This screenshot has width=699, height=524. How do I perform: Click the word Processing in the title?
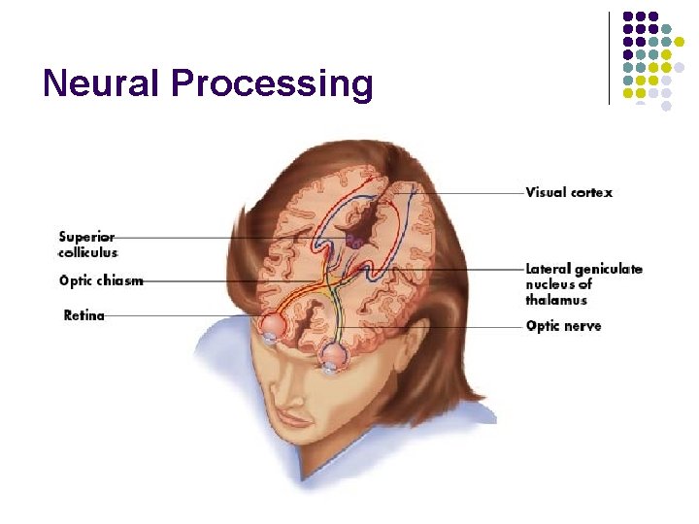point(271,85)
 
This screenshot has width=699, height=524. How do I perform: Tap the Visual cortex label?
point(569,192)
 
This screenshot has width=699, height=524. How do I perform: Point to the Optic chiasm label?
point(101,281)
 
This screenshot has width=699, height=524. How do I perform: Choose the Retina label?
point(84,315)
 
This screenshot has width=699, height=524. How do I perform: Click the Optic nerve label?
point(563,326)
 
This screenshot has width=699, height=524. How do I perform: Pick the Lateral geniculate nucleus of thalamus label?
point(582,284)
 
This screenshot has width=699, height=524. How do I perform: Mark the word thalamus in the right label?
point(556,301)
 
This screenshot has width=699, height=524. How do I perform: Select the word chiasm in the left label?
point(120,281)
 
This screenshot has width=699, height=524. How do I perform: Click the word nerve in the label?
point(582,326)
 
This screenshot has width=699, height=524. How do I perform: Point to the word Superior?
point(86,237)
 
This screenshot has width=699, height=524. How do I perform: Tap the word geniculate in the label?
point(608,269)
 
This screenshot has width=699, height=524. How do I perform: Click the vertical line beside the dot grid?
point(609,57)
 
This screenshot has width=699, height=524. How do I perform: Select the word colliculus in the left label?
point(88,252)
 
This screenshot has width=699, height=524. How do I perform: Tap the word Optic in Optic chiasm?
point(77,281)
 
